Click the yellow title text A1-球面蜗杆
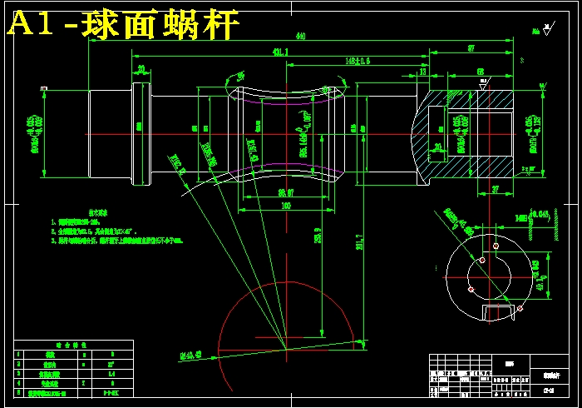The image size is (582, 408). [123, 25]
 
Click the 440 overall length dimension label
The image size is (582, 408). [300, 36]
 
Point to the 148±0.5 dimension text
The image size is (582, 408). [358, 61]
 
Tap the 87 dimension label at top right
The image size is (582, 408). [471, 49]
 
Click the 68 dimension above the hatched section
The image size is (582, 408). [480, 72]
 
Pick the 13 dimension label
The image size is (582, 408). [422, 72]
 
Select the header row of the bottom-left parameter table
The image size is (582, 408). [72, 343]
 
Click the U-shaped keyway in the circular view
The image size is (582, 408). [499, 311]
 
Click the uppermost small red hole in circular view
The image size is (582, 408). [496, 246]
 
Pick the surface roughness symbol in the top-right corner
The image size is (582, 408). [545, 30]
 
